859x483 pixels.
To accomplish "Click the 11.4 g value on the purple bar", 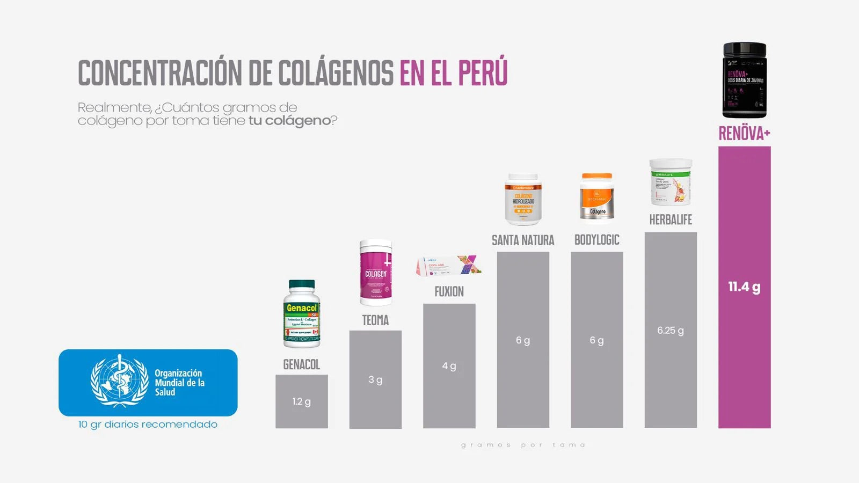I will click(744, 287).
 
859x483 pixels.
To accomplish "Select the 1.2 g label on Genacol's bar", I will click(301, 401).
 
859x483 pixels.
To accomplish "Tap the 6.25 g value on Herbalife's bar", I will click(671, 331).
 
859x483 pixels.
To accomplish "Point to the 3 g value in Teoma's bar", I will click(375, 380).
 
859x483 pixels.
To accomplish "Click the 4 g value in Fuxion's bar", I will click(449, 366).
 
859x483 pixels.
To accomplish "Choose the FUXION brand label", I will click(449, 292).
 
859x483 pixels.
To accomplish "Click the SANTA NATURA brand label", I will click(523, 240).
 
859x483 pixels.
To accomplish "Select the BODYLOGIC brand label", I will click(596, 240).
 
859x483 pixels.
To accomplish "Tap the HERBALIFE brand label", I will click(671, 219).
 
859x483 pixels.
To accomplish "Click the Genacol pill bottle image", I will click(302, 314).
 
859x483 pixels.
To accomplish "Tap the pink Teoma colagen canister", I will click(376, 272).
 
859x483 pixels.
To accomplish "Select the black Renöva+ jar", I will click(744, 80).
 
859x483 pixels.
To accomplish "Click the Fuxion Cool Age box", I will click(448, 266).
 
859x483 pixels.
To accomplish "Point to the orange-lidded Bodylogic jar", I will click(596, 196).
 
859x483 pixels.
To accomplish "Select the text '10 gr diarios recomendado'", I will click(148, 425).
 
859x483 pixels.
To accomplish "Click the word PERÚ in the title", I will click(483, 73).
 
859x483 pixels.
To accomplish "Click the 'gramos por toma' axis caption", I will click(523, 445).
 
